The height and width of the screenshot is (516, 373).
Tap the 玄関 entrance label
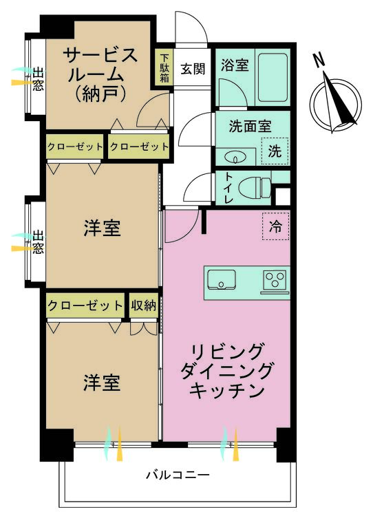point(193,69)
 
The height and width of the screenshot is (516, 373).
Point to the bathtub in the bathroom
point(273,77)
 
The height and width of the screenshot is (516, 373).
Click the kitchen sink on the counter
point(222,280)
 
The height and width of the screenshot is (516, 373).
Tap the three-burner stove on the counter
point(275,281)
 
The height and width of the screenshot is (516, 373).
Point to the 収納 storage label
point(144,305)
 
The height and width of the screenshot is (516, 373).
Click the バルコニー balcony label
point(178,475)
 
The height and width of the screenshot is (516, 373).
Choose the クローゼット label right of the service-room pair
point(139,147)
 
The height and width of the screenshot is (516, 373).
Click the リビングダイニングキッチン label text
point(227,372)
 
